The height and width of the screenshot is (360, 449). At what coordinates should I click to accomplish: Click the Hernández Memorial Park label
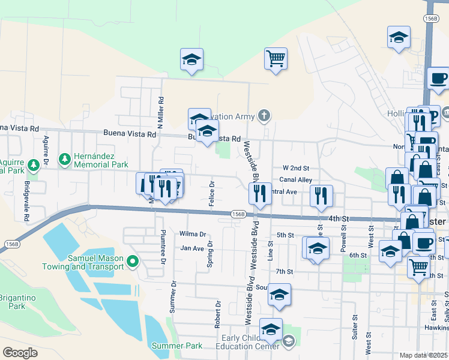(101, 160)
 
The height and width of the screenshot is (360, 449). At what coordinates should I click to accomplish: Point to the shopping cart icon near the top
(276, 59)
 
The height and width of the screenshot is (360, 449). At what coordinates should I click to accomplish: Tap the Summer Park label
(177, 346)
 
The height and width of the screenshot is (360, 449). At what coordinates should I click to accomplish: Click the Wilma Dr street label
(193, 234)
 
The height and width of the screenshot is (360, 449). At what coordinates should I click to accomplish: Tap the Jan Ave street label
(193, 248)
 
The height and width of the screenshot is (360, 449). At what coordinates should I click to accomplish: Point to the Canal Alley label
(297, 180)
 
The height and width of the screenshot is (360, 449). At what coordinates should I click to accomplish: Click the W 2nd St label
(296, 168)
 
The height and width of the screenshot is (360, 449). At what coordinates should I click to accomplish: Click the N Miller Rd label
(160, 113)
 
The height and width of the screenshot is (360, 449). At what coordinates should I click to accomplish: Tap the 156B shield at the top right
(430, 19)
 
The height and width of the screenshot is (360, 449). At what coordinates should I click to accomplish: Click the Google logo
(20, 353)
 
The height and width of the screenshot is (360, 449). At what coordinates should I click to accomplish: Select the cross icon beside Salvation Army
(263, 115)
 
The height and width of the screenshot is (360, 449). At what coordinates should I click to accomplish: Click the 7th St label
(284, 272)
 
